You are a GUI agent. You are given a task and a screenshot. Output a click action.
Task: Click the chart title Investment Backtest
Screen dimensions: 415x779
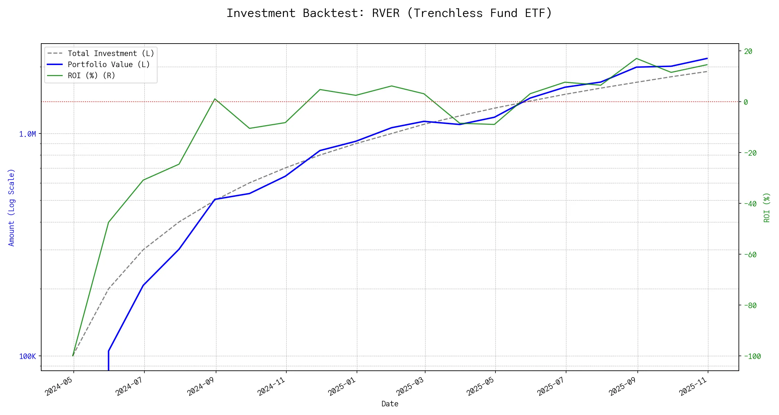389,13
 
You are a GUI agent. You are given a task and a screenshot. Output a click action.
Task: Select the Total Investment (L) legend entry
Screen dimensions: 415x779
111,54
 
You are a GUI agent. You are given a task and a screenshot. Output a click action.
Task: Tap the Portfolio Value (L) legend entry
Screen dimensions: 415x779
109,65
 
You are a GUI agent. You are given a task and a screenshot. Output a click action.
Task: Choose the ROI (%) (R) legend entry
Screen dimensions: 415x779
91,76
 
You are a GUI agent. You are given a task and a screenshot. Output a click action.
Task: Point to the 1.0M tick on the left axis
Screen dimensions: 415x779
27,134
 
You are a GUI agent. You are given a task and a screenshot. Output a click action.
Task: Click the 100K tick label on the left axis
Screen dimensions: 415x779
27,357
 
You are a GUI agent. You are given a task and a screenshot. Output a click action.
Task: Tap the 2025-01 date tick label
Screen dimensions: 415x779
342,386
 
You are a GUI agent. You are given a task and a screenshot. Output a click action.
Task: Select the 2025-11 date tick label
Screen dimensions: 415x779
693,386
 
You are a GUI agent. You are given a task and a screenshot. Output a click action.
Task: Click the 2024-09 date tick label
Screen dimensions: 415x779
202,386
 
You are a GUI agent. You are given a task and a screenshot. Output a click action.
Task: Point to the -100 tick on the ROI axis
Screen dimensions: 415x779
752,357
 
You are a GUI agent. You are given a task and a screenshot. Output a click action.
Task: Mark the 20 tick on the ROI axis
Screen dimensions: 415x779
748,52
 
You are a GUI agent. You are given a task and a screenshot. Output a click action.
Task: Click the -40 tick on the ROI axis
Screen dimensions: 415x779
750,204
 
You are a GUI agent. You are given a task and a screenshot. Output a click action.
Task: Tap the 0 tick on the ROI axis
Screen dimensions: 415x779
746,102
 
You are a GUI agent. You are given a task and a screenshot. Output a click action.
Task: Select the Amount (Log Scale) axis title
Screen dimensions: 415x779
11,207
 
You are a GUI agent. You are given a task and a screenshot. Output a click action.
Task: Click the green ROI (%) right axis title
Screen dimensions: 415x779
767,207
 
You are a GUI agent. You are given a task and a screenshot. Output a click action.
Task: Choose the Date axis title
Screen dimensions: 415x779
390,404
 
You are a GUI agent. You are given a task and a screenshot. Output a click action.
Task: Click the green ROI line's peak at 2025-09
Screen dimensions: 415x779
637,58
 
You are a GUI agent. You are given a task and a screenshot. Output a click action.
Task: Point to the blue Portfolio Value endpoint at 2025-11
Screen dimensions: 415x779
707,58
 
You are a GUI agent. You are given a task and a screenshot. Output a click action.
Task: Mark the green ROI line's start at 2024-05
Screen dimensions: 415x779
73,356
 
